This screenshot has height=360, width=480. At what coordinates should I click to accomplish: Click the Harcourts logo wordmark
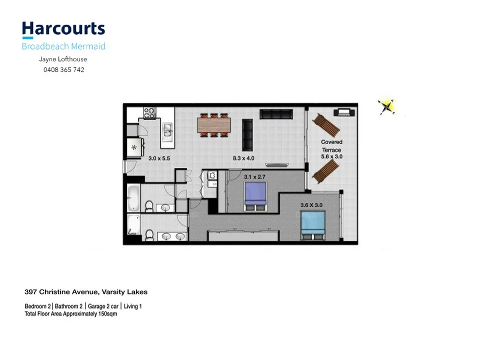63,29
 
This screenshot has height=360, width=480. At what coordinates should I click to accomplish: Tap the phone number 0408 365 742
63,70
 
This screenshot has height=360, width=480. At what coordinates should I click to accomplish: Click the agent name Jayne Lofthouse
63,59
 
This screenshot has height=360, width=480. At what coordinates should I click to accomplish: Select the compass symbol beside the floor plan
386,106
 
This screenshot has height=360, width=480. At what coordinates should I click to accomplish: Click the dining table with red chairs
213,125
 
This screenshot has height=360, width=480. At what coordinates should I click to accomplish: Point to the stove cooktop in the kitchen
150,112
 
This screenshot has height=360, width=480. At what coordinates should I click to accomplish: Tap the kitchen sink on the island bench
167,132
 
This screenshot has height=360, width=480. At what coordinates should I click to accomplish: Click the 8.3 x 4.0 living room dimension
243,158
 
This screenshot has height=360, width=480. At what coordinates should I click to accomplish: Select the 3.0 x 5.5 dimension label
159,158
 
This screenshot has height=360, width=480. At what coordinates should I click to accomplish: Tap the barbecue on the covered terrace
343,112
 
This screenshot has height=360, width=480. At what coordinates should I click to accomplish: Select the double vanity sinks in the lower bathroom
173,236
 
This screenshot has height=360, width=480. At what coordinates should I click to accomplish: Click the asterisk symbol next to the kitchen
134,148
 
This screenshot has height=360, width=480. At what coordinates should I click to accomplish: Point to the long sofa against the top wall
275,114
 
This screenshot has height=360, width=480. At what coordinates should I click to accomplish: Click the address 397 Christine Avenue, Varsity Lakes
86,292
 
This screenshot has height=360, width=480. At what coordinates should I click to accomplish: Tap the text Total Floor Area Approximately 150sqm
70,314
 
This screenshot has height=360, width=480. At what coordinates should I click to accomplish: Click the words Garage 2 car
102,306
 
